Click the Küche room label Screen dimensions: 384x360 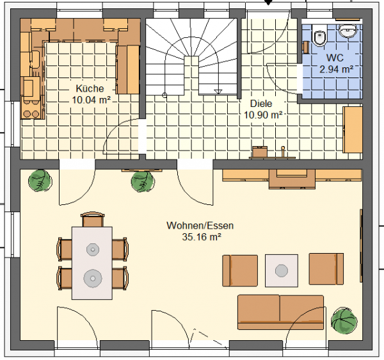(90, 88)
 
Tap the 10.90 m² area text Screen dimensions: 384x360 (263, 115)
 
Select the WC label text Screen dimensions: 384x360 (335, 58)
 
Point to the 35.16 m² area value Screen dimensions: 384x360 (202, 237)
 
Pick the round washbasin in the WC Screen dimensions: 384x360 (348, 31)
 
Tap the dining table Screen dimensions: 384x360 (92, 263)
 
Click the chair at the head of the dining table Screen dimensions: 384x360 (93, 219)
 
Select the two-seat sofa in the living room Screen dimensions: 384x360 (281, 312)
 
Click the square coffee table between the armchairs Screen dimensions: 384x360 (282, 270)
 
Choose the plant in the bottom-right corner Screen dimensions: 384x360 (344, 321)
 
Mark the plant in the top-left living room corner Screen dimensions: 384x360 (40, 181)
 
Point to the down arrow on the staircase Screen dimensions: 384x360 (218, 92)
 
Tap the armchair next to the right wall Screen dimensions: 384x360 (326, 269)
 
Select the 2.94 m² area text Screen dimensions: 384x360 (336, 69)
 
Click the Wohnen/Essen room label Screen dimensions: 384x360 (200, 225)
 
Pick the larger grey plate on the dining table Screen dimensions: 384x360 (93, 278)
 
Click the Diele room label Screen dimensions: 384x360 (261, 103)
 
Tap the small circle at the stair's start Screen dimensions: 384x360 (165, 95)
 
